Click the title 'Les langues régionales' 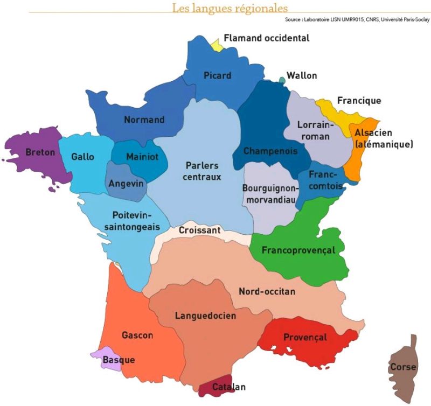(x=230, y=8)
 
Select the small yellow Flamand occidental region (x=217, y=45)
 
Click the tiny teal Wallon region (x=282, y=81)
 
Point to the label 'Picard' (x=217, y=76)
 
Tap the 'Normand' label (x=144, y=120)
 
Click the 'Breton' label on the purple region (x=40, y=152)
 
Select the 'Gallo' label (x=82, y=157)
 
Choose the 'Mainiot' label (x=142, y=157)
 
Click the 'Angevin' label (x=127, y=184)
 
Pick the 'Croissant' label (x=199, y=230)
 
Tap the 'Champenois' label (x=269, y=151)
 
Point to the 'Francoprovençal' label (x=298, y=250)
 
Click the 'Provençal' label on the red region (x=305, y=337)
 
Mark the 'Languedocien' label (x=205, y=316)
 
